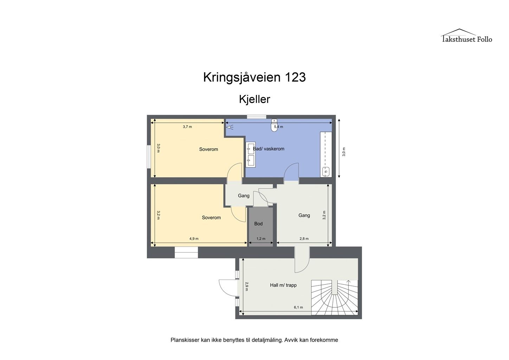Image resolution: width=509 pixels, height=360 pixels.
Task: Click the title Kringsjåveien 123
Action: (254, 77)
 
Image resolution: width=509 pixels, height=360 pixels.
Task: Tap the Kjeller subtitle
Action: (254, 99)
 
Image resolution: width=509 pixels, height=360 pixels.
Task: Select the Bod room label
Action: (258, 224)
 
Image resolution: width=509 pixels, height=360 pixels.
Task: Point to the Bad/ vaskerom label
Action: (269, 149)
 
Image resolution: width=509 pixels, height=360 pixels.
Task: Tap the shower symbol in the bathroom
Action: (230, 127)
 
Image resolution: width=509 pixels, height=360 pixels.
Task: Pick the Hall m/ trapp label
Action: (283, 285)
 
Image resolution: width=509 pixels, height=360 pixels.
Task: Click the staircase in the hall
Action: (334, 297)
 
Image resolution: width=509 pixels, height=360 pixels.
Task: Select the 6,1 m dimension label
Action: (298, 307)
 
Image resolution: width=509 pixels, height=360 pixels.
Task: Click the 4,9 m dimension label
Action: (194, 239)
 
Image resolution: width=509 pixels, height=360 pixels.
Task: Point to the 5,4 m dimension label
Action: (278, 127)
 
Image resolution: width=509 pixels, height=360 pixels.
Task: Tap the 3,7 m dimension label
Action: (187, 127)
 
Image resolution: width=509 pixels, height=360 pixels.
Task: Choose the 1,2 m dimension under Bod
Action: (261, 239)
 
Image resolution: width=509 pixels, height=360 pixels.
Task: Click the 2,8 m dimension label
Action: (304, 239)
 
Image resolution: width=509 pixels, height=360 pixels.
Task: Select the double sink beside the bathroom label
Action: (250, 154)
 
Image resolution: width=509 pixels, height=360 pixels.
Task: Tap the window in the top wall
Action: (256, 117)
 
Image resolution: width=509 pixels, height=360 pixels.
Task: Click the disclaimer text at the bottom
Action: (254, 340)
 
